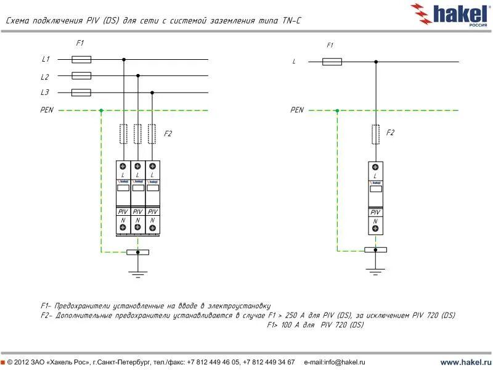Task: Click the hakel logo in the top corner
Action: [449, 13]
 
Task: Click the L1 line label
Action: [45, 59]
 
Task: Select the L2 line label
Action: [45, 77]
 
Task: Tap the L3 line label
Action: [45, 92]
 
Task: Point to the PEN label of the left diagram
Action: [47, 110]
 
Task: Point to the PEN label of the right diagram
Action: [297, 110]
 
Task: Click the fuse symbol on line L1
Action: [81, 59]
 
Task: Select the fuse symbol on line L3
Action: [81, 92]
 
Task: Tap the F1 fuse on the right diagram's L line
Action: [332, 62]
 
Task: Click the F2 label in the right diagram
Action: [390, 133]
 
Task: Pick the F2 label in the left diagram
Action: [168, 133]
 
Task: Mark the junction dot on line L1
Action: [124, 60]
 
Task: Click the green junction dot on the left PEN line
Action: [101, 111]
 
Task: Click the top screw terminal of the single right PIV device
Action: [375, 166]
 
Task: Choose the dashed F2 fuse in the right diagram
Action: [375, 133]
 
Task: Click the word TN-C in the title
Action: [291, 22]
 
